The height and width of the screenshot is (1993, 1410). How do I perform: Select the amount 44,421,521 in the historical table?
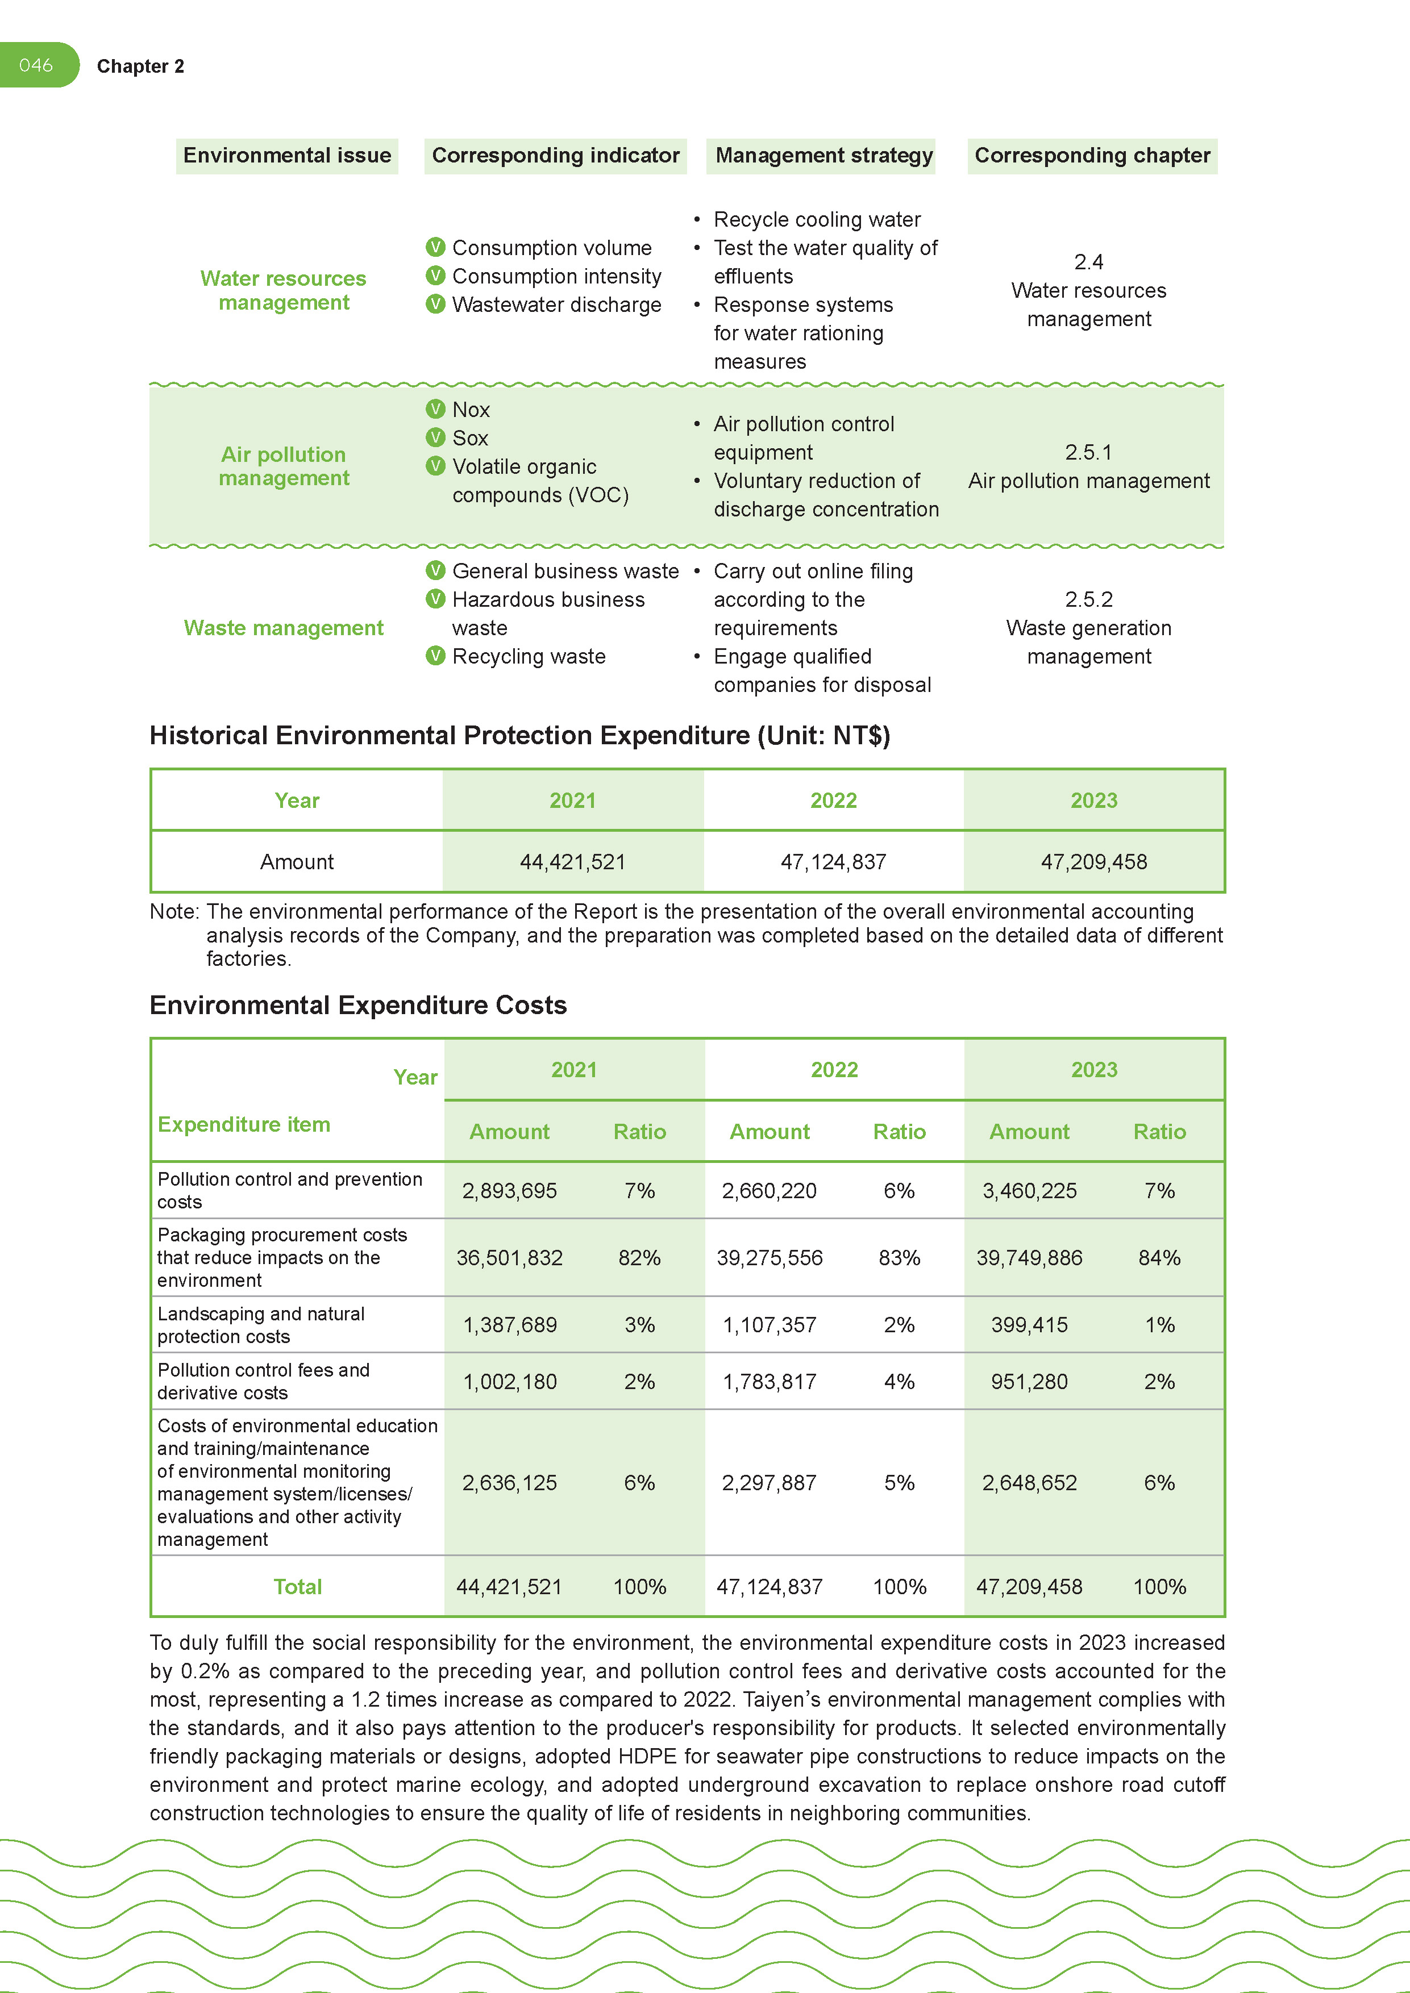572,862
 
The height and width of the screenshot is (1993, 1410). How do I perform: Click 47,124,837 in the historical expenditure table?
833,862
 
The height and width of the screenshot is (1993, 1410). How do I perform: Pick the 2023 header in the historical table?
1093,800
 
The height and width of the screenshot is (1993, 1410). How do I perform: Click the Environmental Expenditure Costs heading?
357,1005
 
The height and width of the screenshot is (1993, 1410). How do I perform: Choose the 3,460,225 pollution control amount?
1029,1191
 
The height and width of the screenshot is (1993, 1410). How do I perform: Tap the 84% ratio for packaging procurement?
1159,1258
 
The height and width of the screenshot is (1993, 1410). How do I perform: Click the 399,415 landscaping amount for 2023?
1029,1325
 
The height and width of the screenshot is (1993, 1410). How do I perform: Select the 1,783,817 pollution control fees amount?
770,1382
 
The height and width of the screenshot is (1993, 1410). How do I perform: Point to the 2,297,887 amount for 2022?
770,1483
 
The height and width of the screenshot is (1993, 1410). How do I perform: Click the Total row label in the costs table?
298,1587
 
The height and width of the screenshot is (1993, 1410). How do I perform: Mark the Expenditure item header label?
244,1125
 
